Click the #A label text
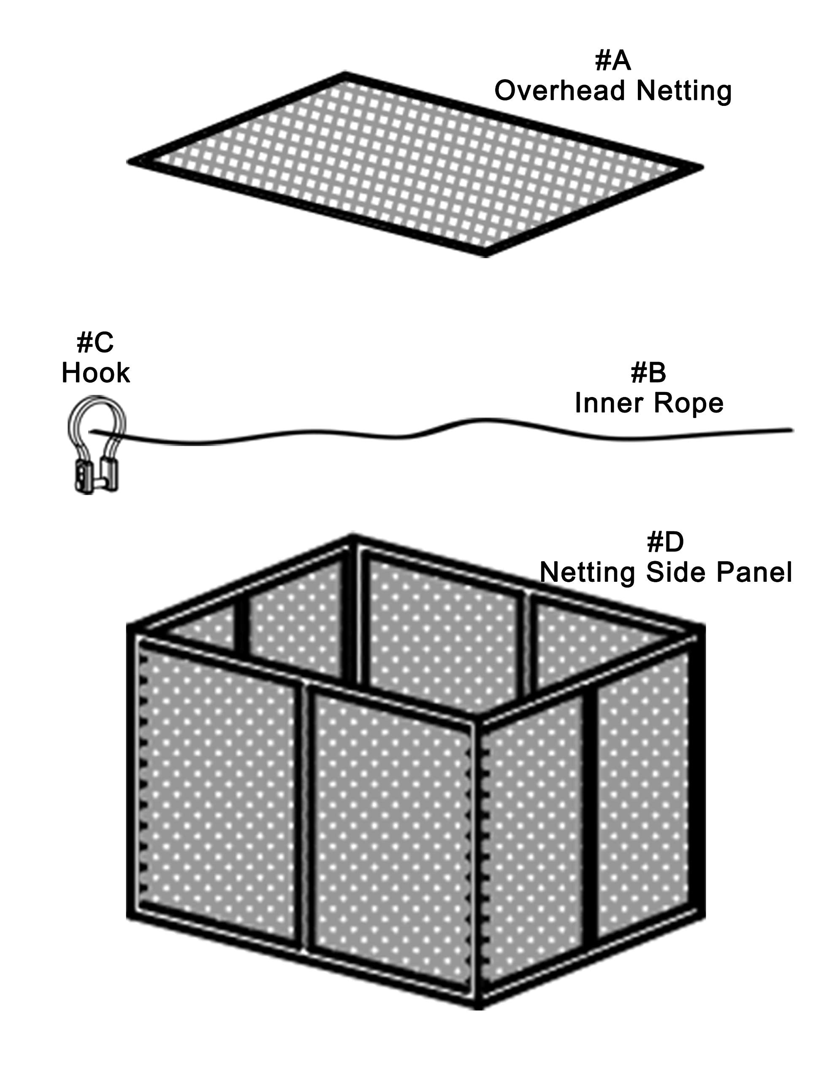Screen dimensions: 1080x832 click(612, 60)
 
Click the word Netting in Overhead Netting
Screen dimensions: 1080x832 click(683, 92)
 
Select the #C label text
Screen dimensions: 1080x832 click(95, 342)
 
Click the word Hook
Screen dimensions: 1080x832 click(95, 373)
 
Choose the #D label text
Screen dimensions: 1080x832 click(665, 542)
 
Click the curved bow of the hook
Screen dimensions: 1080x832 click(97, 402)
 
